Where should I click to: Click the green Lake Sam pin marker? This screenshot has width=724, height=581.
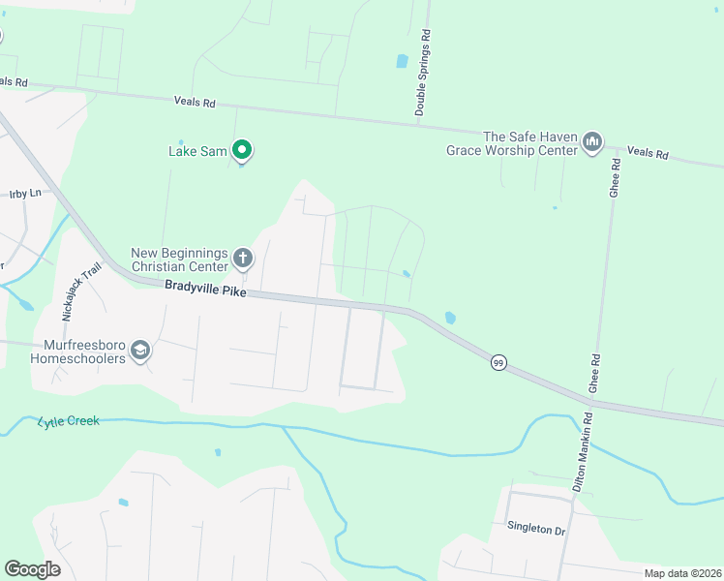click(x=243, y=150)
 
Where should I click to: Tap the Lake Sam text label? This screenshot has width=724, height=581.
click(x=196, y=151)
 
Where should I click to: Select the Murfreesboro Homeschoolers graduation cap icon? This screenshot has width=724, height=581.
click(x=141, y=351)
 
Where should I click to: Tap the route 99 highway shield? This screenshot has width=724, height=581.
click(x=498, y=362)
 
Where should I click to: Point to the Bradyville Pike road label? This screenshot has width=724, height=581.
click(x=205, y=287)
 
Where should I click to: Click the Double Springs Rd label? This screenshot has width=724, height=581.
click(x=422, y=73)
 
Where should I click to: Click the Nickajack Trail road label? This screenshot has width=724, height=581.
click(x=81, y=293)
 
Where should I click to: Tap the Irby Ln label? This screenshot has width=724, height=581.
click(x=24, y=194)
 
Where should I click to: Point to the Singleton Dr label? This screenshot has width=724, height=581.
click(x=535, y=530)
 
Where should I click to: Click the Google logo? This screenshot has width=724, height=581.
click(x=32, y=569)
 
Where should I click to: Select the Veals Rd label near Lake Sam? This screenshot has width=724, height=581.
click(x=194, y=101)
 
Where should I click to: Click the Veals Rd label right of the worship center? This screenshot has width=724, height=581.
click(x=648, y=153)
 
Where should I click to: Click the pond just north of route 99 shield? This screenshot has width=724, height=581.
click(x=449, y=317)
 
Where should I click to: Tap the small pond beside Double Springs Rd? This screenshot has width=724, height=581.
click(x=402, y=61)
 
